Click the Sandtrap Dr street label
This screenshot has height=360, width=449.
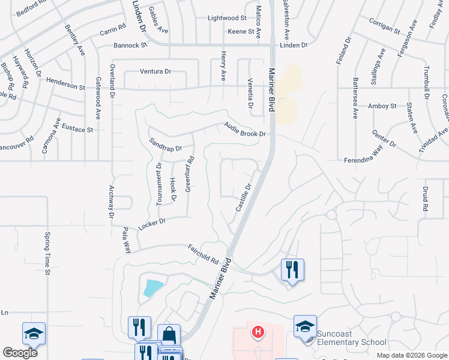tap(164, 144)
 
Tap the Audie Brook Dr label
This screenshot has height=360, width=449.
tap(245, 130)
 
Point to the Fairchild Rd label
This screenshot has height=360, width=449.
tap(202, 253)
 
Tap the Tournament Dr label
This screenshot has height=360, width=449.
tap(159, 184)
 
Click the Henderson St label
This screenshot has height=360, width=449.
tap(66, 87)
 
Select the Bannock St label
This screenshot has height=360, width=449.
tap(130, 45)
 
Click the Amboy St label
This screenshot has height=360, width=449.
tap(382, 106)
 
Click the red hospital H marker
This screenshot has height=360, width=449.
tap(258, 331)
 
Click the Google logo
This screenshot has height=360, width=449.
tap(20, 353)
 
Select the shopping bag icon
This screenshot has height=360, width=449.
tap(169, 335)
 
